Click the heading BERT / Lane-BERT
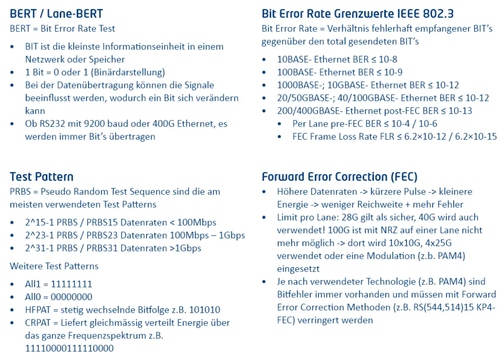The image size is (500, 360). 56,14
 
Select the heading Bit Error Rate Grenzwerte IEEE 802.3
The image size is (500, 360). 357,14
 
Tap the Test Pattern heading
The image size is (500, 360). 42,177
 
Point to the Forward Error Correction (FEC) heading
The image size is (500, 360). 339,177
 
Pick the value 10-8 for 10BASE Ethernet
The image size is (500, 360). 388,60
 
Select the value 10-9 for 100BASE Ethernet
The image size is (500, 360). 393,73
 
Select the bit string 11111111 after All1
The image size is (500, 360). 71,284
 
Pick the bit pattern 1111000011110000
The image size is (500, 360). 69,349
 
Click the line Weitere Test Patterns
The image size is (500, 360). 54,266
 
